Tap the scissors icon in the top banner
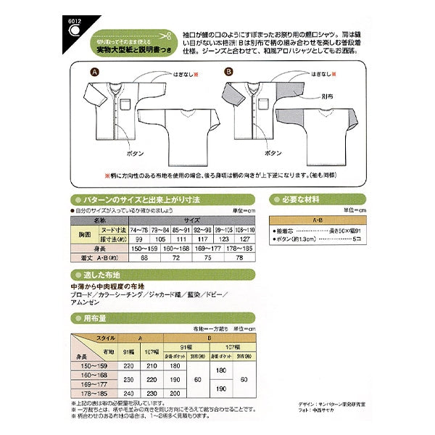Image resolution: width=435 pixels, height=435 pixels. (165, 35)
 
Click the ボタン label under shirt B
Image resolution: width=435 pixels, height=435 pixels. (273, 154)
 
